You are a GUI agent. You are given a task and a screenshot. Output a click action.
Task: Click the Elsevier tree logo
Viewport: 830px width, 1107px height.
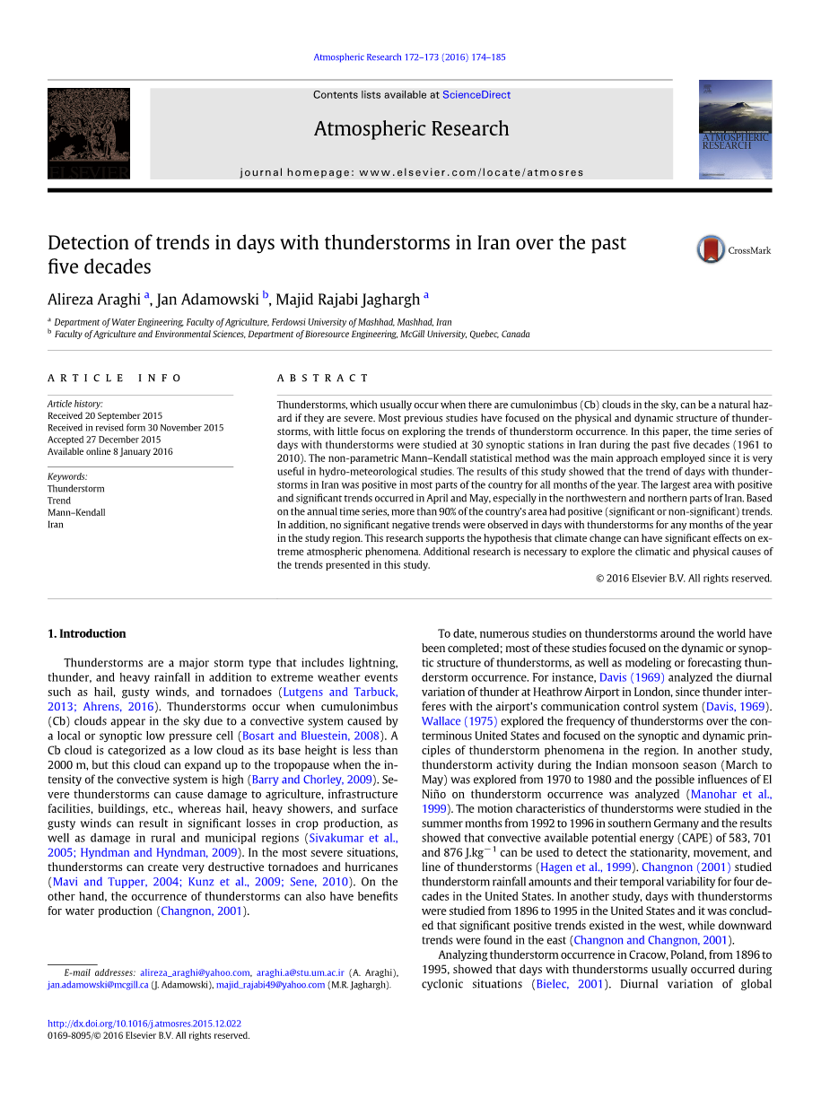(x=88, y=133)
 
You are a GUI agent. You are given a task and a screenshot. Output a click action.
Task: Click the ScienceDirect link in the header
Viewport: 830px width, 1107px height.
(x=476, y=95)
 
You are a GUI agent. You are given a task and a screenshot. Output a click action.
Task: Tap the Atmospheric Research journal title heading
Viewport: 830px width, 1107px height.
(x=411, y=129)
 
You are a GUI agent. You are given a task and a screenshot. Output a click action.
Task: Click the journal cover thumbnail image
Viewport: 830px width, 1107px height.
(x=735, y=129)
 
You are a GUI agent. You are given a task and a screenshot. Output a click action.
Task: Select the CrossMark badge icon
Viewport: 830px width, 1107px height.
(x=711, y=249)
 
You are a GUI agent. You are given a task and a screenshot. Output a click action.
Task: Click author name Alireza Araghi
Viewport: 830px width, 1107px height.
(x=94, y=300)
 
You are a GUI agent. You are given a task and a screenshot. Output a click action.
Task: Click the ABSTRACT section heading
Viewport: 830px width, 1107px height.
(x=323, y=379)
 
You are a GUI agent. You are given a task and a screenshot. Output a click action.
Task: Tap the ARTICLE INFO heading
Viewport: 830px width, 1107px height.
(x=115, y=379)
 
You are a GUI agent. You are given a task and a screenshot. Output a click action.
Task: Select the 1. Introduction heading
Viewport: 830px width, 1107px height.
(x=86, y=634)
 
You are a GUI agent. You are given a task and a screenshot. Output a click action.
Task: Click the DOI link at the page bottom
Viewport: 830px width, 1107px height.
(x=144, y=1024)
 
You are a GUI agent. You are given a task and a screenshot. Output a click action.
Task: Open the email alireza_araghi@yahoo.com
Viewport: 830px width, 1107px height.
(x=195, y=972)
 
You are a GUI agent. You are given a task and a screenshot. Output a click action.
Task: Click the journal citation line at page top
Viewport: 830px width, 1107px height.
(x=409, y=57)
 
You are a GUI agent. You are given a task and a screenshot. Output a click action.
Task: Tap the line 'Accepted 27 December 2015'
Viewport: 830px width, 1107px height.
(x=104, y=440)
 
